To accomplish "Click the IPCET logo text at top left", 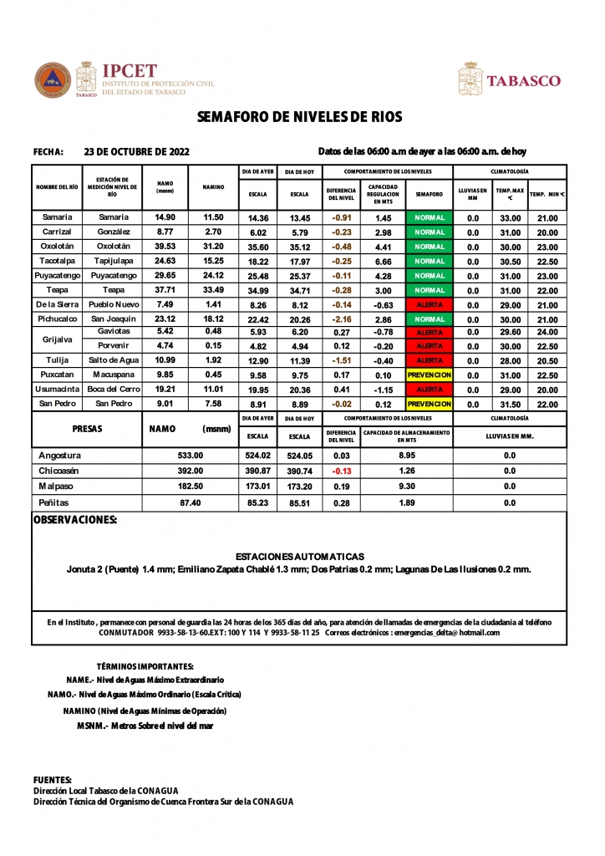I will pos(129,72).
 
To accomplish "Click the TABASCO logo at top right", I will pos(523,81).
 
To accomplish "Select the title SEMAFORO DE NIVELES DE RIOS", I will pos(300,118).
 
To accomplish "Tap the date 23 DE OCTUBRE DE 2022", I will pos(137,152).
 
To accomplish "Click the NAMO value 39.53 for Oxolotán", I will pos(165,247).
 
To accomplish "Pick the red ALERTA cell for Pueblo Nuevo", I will pos(430,305).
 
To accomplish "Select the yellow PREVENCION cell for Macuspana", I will pos(430,375).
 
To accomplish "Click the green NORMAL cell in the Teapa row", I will pos(430,290).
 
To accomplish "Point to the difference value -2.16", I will pos(341,319).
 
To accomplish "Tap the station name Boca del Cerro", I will pos(113,390).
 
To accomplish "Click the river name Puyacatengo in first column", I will pos(57,276).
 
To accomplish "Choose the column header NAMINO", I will pos(213,187).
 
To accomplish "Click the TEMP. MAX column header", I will pos(509,194).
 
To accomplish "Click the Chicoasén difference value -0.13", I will pos(341,471).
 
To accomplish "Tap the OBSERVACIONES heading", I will pos(74,520).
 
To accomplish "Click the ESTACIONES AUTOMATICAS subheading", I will pos(300,556).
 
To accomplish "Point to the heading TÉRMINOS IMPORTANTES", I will pos(145,666).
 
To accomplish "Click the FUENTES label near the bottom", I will pos(52,780).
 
